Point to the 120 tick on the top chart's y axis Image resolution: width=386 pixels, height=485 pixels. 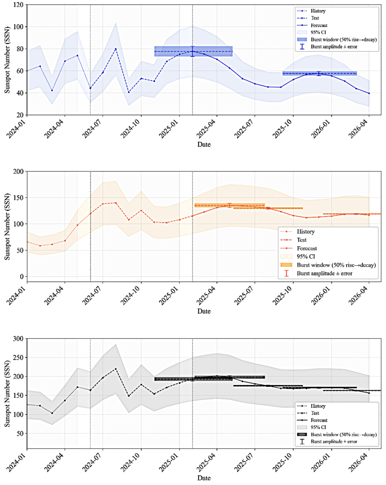pos(18,5)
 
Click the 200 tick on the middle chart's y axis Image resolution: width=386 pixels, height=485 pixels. pos(18,171)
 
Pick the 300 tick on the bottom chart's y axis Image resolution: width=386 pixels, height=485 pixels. pos(18,339)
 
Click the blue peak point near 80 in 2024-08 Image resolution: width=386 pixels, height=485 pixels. pos(115,49)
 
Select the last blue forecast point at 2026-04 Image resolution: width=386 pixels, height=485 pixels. pos(369,93)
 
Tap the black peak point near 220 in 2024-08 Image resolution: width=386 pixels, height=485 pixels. pos(115,369)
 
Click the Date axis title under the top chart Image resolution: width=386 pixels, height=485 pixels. pos(203,145)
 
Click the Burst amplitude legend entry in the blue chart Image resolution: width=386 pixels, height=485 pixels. pos(333,46)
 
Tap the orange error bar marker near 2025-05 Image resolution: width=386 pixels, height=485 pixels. pos(229,205)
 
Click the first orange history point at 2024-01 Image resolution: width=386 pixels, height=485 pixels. pos(27,242)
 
